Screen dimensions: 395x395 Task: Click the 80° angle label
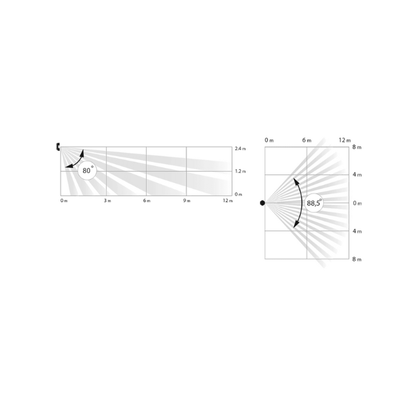point(88,171)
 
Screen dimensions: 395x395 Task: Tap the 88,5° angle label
point(314,203)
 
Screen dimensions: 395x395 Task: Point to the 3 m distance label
point(107,201)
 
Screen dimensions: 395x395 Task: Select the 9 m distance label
point(187,201)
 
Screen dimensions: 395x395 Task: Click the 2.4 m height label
point(240,149)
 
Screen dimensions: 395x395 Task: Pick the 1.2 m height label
point(240,171)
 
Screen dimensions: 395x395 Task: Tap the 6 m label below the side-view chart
point(147,201)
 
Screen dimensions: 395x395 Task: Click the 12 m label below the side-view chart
point(228,201)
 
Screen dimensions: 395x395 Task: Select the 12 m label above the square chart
point(344,140)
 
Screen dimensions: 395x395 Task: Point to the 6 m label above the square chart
point(307,140)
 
